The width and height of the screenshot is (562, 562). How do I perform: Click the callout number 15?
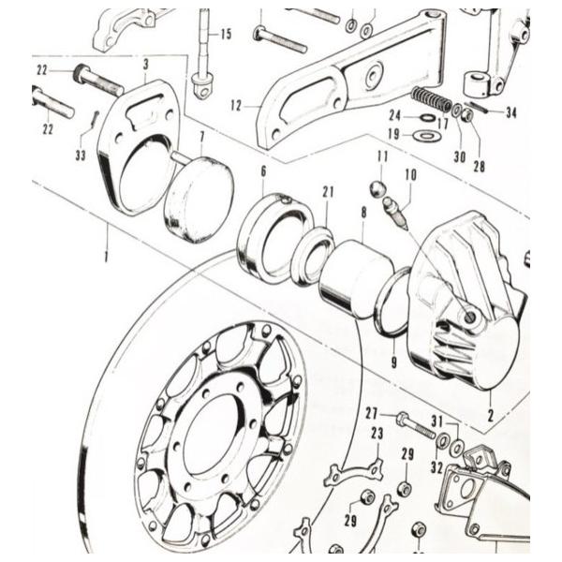[x=225, y=35]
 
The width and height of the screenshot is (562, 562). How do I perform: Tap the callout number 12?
[x=236, y=107]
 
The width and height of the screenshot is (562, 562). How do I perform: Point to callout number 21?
[x=328, y=192]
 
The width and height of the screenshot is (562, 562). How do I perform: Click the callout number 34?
[x=510, y=113]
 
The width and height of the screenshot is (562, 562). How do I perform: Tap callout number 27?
[x=371, y=412]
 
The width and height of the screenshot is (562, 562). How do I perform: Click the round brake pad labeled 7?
[x=199, y=200]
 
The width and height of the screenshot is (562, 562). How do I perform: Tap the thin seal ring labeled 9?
[x=392, y=302]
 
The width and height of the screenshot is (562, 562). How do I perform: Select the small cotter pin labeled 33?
[x=96, y=122]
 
